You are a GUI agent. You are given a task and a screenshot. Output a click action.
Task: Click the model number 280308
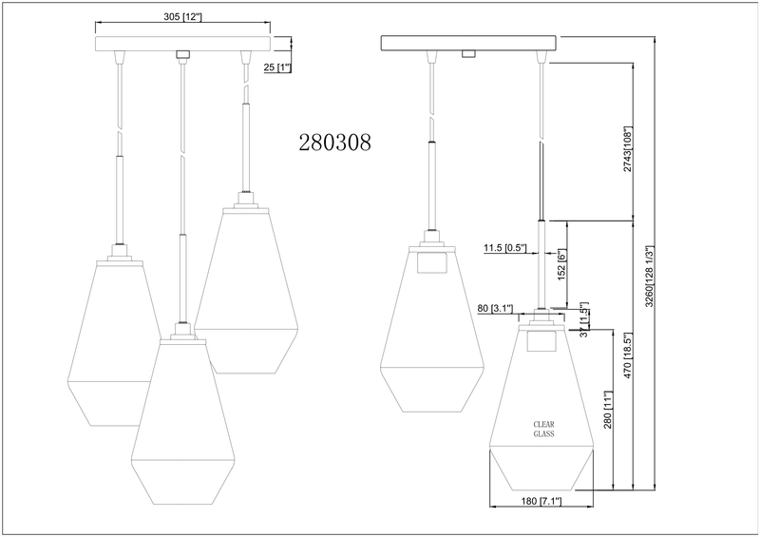click(x=334, y=143)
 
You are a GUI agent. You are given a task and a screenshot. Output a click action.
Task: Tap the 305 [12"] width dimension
click(x=181, y=16)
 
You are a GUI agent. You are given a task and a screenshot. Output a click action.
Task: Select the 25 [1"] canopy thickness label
click(x=277, y=67)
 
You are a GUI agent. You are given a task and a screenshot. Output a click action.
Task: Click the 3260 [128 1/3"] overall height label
click(x=650, y=277)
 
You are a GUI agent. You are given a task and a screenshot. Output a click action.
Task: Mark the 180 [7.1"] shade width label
click(x=541, y=503)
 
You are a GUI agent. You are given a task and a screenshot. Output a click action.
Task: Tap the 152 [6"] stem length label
click(x=562, y=265)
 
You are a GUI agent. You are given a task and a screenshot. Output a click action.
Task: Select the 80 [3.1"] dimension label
click(x=497, y=308)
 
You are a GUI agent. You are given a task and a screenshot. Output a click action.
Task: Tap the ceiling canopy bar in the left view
click(x=182, y=44)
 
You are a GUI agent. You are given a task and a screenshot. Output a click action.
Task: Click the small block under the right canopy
click(x=467, y=54)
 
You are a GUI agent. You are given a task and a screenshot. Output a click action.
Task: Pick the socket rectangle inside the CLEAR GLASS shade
click(x=541, y=339)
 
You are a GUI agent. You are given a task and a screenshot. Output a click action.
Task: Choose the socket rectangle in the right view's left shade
click(x=432, y=261)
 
